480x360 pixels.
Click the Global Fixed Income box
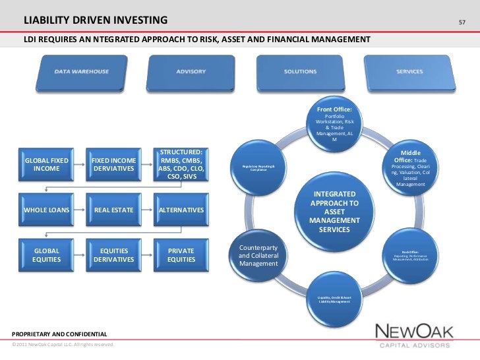(x=46, y=164)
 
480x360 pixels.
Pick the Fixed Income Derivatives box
(x=113, y=164)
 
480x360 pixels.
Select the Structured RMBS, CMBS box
(x=181, y=164)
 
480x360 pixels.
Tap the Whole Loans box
(x=46, y=210)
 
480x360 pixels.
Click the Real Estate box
(x=113, y=210)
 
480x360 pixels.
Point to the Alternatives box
(x=181, y=210)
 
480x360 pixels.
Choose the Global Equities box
(x=46, y=255)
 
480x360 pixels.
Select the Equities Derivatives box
(x=113, y=255)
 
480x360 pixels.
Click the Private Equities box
(x=181, y=255)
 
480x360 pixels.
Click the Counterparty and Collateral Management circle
(x=258, y=256)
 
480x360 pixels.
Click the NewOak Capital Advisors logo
(x=413, y=334)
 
